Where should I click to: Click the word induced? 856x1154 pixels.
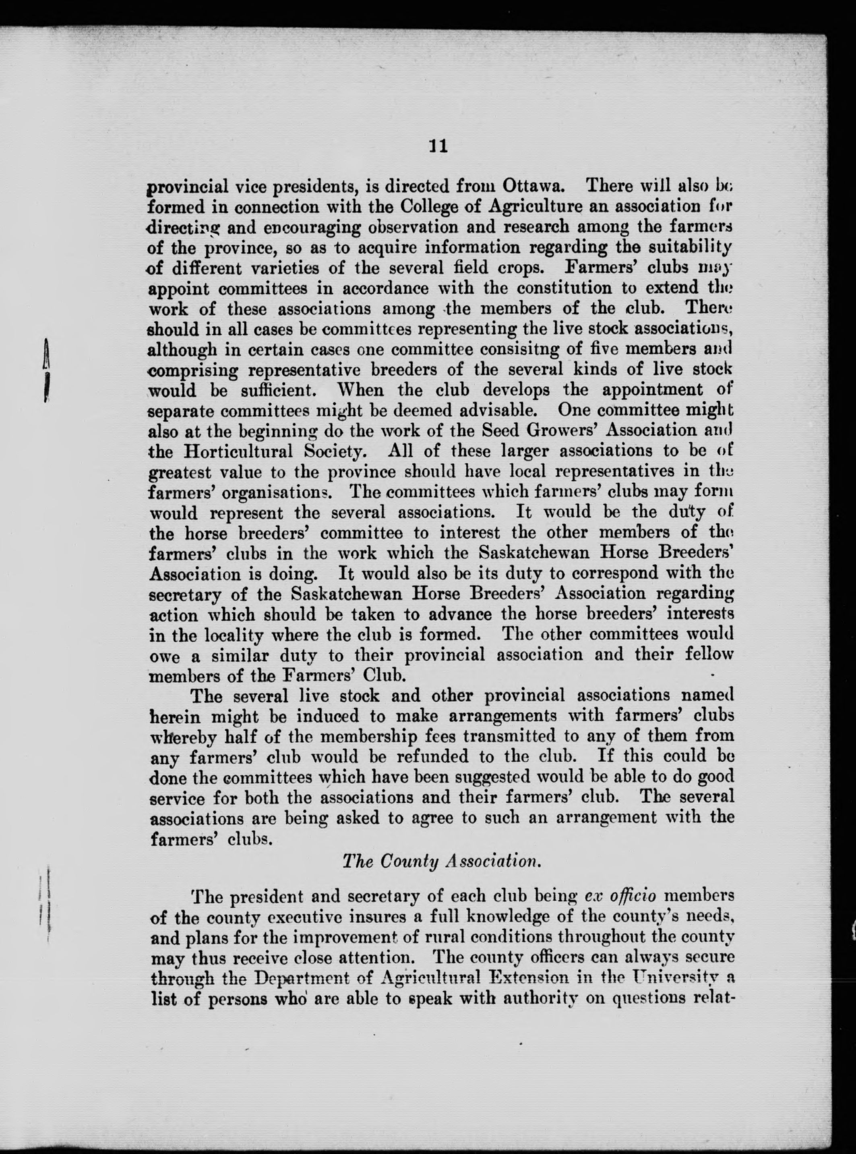325,716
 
